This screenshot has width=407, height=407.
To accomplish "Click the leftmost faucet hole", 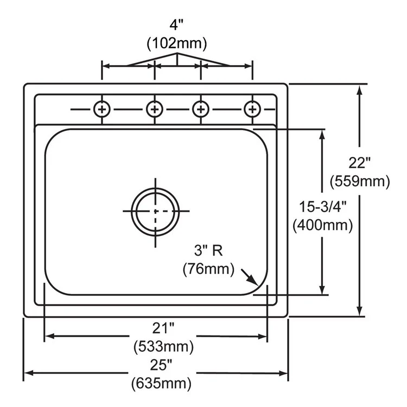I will click(x=101, y=109).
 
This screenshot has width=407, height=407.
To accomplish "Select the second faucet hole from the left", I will click(x=155, y=109).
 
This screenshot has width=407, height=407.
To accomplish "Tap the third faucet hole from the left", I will click(x=201, y=109).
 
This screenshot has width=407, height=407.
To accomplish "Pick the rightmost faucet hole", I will click(x=252, y=109).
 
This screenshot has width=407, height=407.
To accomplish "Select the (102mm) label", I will click(x=177, y=43).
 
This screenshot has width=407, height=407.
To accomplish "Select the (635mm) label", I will click(x=161, y=384).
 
